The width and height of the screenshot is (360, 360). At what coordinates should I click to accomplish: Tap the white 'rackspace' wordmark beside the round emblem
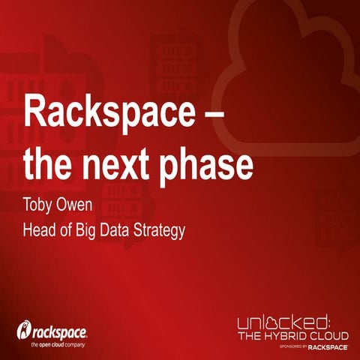(60, 331)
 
